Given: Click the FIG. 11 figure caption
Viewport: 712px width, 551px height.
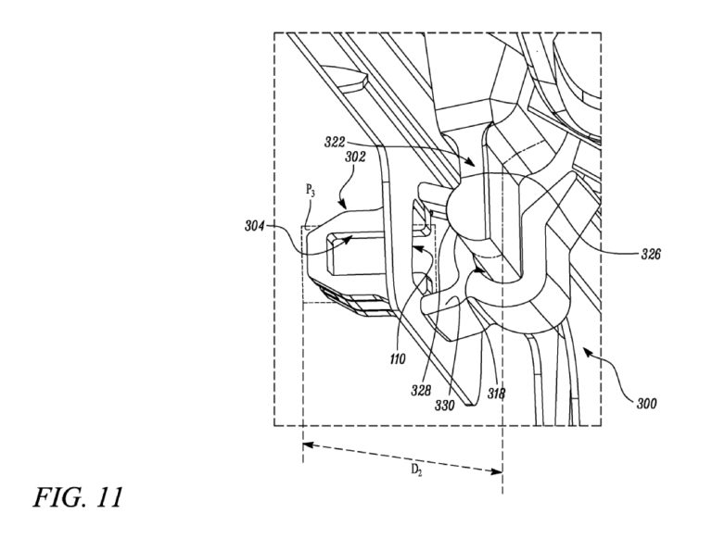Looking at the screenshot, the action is tap(78, 497).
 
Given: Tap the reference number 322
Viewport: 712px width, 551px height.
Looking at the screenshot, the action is tap(334, 142).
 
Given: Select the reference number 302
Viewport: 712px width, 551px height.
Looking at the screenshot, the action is tap(355, 157).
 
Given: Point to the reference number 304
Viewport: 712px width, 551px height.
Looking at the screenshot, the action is tap(255, 225).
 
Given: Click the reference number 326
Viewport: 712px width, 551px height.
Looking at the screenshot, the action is tap(651, 255).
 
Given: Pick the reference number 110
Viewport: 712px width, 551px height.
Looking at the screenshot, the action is tap(398, 359).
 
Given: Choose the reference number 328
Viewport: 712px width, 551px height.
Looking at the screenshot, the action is tap(421, 391).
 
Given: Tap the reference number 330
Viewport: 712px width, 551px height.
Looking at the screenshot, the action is tap(444, 406).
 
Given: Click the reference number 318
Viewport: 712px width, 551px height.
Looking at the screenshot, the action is tap(496, 394).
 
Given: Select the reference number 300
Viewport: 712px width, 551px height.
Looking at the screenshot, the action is tap(646, 403).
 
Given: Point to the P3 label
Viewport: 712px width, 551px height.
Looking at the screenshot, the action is tap(311, 192).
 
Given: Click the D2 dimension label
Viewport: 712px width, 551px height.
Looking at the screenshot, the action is tap(416, 470).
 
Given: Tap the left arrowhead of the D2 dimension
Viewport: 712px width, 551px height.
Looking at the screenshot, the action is tap(308, 445).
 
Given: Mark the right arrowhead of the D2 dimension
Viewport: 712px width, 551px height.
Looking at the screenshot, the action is tap(497, 471).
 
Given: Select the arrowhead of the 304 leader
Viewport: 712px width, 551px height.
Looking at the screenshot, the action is tap(349, 239).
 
